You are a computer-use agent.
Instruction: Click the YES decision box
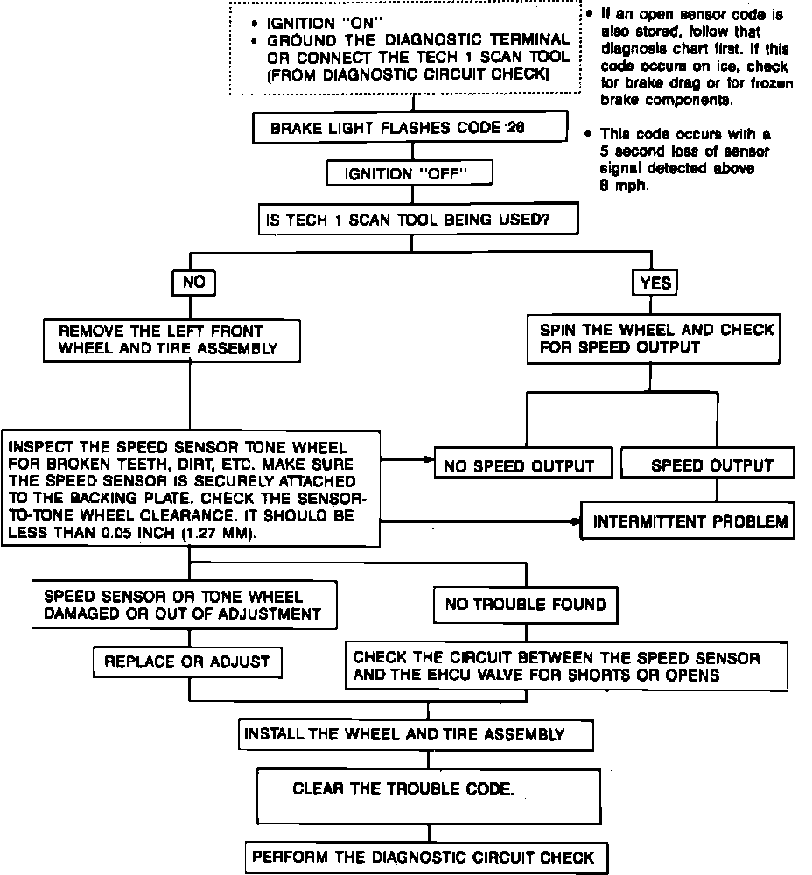pos(655,283)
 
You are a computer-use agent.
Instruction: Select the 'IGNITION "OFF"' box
pos(409,173)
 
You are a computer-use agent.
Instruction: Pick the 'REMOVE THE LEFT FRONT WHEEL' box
pos(171,340)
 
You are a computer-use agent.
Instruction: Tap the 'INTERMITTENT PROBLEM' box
pos(689,522)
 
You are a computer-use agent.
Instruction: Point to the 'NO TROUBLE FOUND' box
pos(525,604)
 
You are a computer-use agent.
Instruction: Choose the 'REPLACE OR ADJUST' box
pos(187,661)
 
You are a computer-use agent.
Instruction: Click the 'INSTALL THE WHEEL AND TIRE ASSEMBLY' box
pos(416,734)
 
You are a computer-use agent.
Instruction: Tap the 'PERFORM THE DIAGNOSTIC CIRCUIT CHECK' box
pos(423,857)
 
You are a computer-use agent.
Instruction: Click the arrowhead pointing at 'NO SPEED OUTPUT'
pos(429,458)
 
